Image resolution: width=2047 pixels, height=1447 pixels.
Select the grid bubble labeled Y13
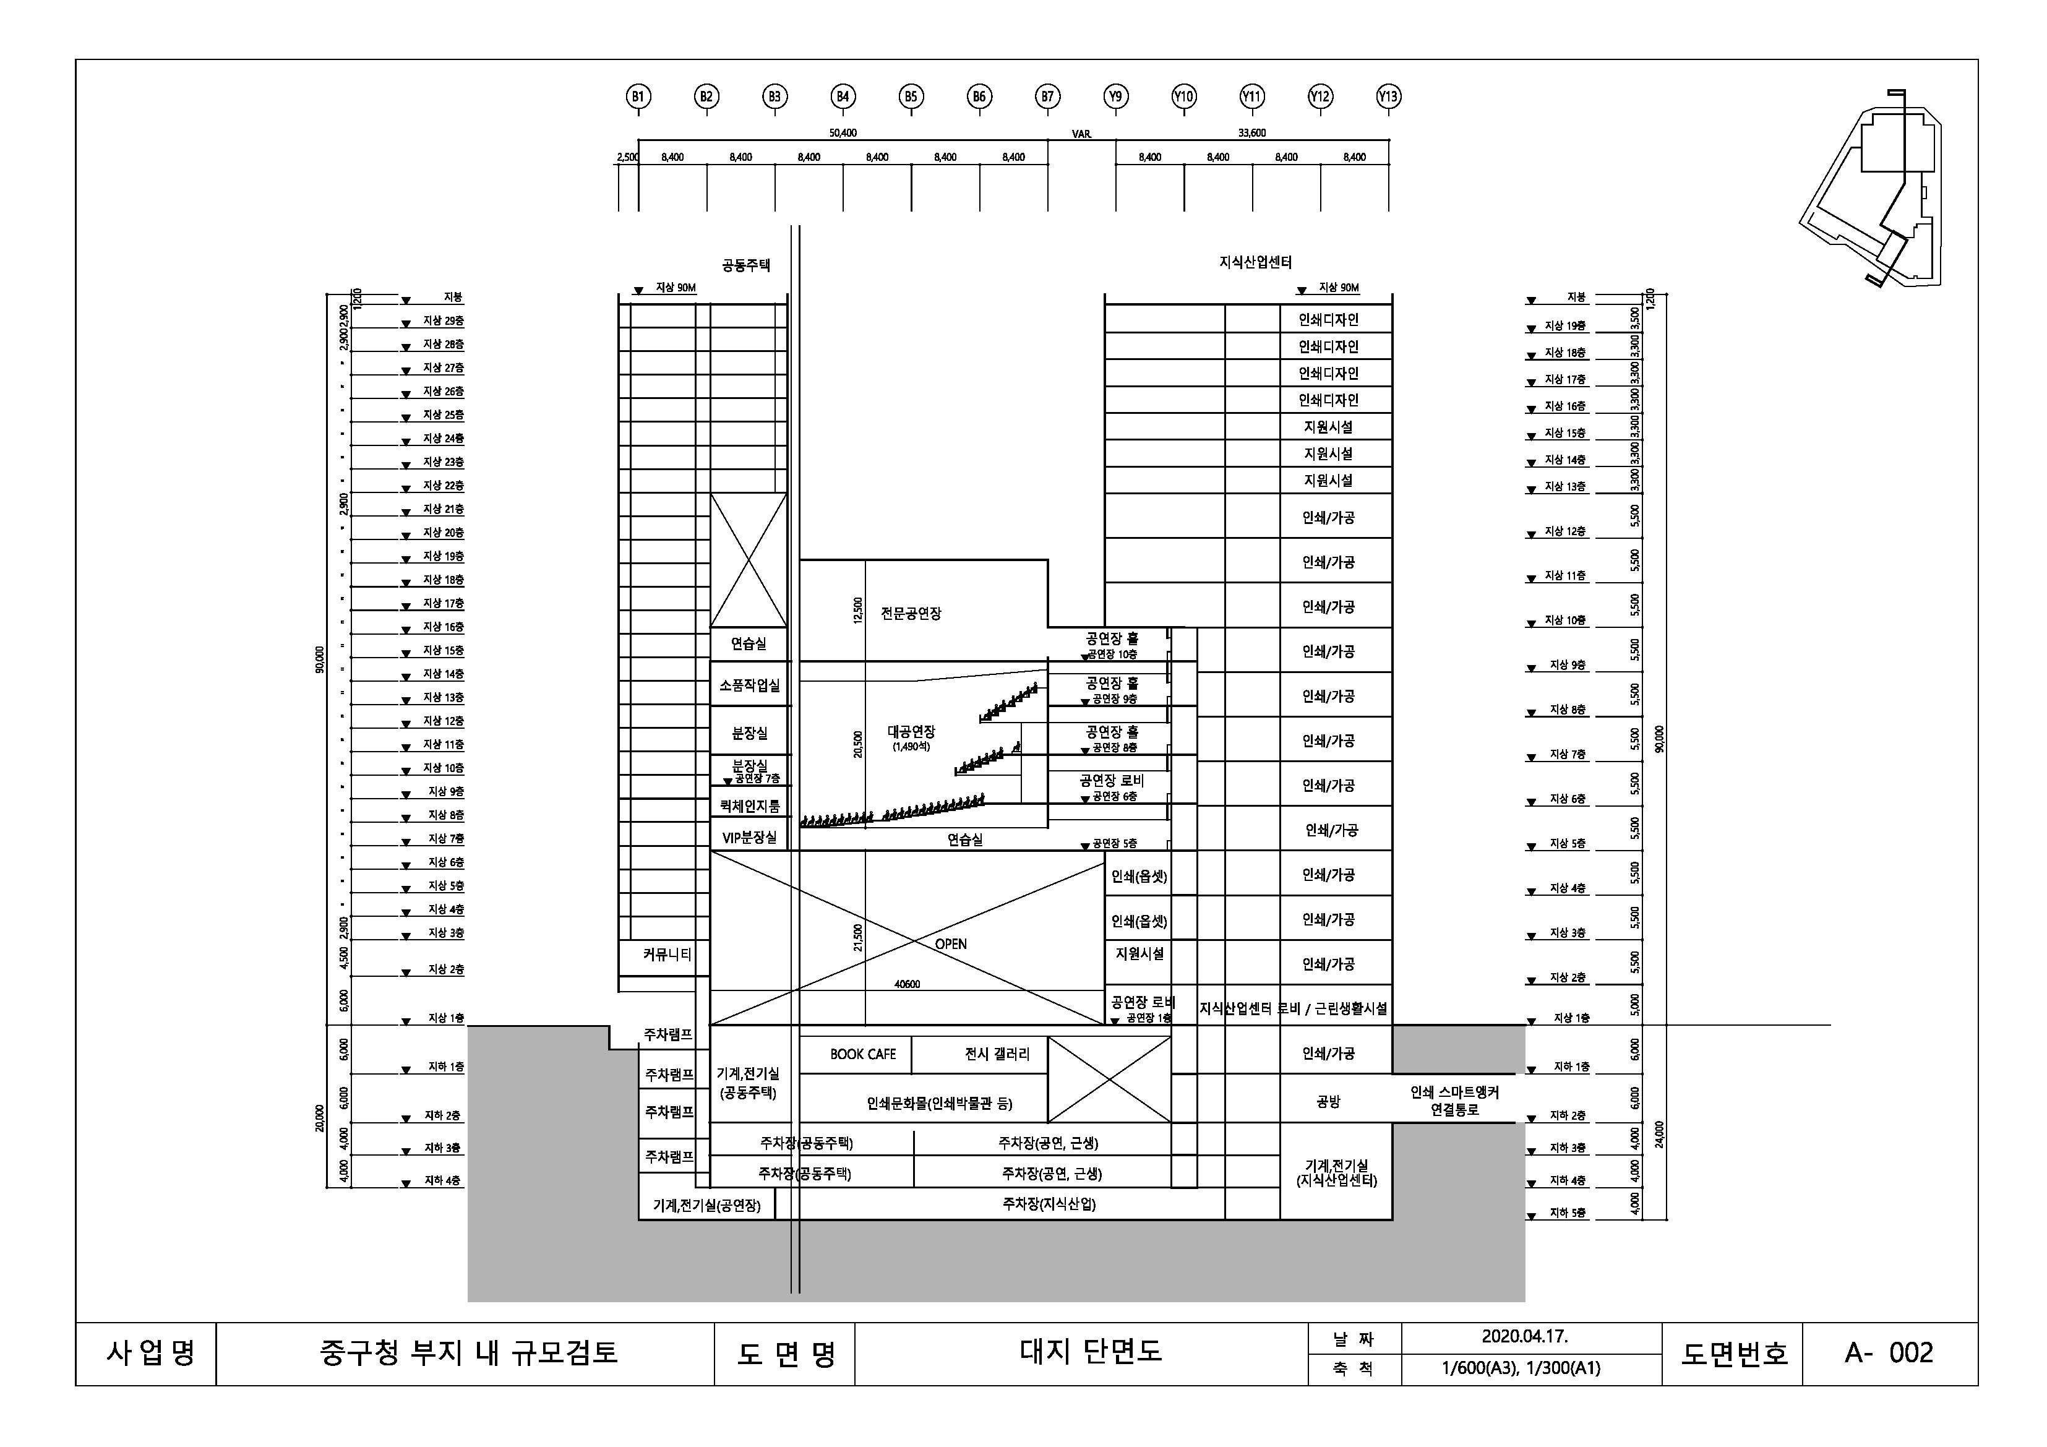pos(1388,97)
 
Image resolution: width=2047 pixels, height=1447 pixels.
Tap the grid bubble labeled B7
pos(1047,97)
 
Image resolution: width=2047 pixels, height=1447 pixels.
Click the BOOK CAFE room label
pos(862,1054)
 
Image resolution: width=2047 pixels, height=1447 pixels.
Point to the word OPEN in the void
pos(950,944)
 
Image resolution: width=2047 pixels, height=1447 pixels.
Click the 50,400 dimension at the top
pos(843,134)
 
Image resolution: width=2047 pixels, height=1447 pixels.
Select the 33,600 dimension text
pos(1251,134)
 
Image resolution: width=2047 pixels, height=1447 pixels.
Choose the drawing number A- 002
pos(1888,1352)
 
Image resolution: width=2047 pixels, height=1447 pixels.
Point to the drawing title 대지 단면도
pos(1091,1352)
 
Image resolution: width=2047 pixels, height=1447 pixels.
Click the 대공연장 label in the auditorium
pos(911,732)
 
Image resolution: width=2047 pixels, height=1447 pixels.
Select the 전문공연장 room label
pos(911,614)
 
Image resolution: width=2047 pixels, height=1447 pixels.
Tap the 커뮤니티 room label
pos(667,954)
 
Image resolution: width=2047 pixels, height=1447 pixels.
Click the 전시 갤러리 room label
pos(997,1054)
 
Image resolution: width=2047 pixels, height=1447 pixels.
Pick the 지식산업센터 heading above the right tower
pos(1255,262)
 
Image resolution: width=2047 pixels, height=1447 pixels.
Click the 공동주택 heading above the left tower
pos(746,265)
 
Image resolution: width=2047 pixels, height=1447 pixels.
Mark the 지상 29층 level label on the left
pos(443,321)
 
